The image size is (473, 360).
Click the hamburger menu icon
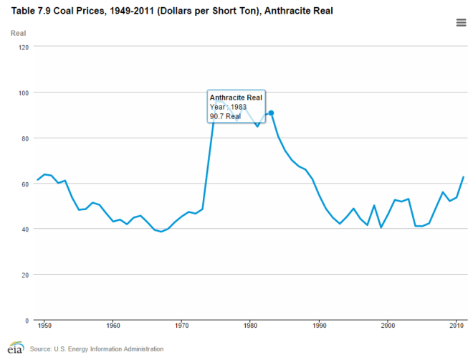(x=462, y=23)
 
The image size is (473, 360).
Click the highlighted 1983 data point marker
(x=271, y=113)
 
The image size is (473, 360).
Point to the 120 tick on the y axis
(x=24, y=47)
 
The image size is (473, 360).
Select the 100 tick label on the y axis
(x=24, y=93)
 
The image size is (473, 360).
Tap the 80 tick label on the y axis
(x=26, y=138)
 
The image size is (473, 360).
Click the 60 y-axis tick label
(x=26, y=184)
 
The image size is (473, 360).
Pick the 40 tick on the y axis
(x=26, y=229)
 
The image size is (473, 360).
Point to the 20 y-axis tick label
(x=26, y=275)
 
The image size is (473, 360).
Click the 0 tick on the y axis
(x=28, y=320)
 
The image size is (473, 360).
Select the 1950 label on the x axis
(x=44, y=326)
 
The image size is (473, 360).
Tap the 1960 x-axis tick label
(x=113, y=326)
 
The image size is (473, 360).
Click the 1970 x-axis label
(x=181, y=326)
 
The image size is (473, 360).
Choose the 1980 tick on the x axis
(x=250, y=326)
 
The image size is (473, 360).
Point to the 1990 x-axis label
(x=319, y=326)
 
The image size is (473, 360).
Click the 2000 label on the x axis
(x=388, y=326)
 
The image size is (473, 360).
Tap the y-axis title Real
(x=19, y=33)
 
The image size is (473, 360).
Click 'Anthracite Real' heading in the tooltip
(x=236, y=97)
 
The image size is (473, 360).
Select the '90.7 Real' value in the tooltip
(x=225, y=116)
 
